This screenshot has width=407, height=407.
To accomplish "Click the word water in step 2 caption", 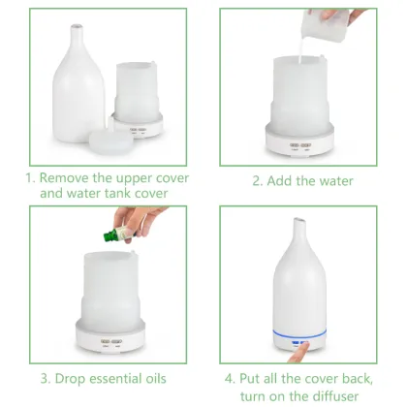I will (x=331, y=180).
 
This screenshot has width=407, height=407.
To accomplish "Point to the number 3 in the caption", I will (x=46, y=377).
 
